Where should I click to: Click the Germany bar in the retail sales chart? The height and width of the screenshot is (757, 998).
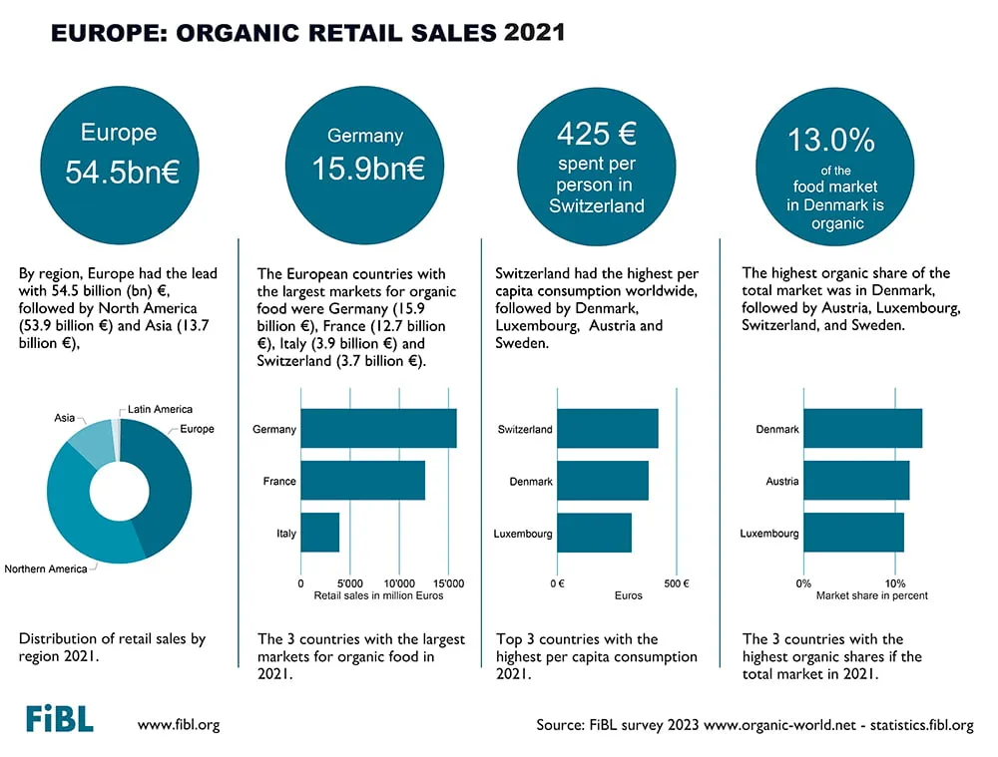(x=378, y=429)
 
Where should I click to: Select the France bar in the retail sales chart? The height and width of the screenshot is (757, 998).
(x=363, y=481)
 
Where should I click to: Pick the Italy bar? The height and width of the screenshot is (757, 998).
(x=320, y=533)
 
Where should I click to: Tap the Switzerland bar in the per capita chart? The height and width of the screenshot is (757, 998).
(x=608, y=429)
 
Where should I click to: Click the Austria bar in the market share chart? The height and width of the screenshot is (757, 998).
(x=856, y=481)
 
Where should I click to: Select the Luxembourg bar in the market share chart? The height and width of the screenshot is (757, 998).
(x=854, y=533)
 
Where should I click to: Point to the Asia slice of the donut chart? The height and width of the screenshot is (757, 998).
(x=91, y=442)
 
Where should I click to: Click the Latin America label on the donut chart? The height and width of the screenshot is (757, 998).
(x=160, y=409)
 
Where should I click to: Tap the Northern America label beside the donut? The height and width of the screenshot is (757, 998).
(x=46, y=568)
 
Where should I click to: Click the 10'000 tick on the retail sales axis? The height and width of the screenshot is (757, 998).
(x=399, y=583)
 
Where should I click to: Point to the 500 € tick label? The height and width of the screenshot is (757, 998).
(x=677, y=583)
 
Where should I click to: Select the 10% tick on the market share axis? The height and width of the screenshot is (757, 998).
(x=895, y=583)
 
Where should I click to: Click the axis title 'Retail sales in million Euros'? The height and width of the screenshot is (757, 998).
(x=378, y=596)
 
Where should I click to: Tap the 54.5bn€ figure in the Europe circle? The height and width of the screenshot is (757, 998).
(x=122, y=172)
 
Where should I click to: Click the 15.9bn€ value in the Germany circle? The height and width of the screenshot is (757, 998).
(x=368, y=169)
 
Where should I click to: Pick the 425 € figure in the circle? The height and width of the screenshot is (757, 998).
(x=597, y=134)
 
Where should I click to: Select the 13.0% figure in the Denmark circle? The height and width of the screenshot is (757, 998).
(x=831, y=140)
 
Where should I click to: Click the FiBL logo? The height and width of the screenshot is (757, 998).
(x=60, y=718)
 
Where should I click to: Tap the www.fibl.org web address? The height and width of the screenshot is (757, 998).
(x=179, y=724)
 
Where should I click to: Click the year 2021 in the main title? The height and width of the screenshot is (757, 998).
(x=534, y=33)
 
